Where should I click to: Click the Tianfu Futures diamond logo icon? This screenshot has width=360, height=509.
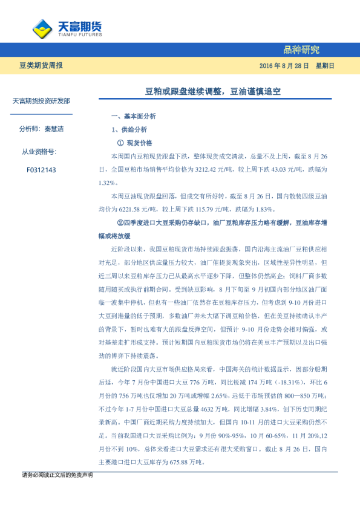click(42, 28)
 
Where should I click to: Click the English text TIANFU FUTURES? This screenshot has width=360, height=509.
click(79, 34)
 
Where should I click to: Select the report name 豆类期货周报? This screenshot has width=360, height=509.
click(40, 65)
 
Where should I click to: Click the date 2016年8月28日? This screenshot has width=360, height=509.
click(284, 65)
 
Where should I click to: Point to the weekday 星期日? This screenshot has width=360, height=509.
click(324, 65)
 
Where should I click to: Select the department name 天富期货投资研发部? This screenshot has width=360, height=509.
click(41, 101)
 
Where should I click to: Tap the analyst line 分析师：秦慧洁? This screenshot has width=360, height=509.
click(41, 129)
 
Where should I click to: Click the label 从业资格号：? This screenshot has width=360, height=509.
click(41, 152)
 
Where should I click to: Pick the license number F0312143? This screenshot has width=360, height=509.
click(41, 170)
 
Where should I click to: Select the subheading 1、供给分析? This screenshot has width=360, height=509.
click(129, 129)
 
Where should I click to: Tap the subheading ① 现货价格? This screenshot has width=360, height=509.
click(134, 143)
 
